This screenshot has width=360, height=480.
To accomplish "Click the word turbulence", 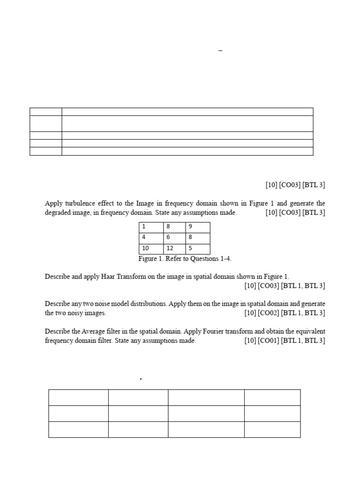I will coord(78,203).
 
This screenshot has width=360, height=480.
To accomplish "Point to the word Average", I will coord(98,331).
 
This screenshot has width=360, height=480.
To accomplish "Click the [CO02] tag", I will coord(268,313).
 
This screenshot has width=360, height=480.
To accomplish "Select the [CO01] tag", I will coord(268,341).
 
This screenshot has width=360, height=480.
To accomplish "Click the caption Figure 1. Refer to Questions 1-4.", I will coord(185,259).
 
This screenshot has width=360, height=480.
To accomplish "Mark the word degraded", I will coord(58,213).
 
